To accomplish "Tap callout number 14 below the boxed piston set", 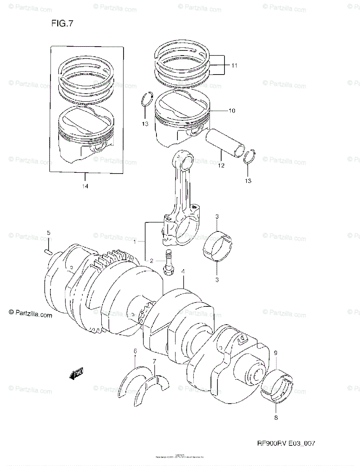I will click(x=85, y=186).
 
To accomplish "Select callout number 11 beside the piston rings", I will click(x=234, y=66).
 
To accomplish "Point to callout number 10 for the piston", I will click(x=231, y=111).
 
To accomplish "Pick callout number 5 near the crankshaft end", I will click(x=49, y=233).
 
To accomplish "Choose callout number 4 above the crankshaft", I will click(x=183, y=278).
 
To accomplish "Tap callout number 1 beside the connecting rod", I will click(x=135, y=242).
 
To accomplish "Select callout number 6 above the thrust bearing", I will click(x=135, y=351).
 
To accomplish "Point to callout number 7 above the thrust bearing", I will click(x=154, y=362).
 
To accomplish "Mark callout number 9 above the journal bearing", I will click(x=275, y=353).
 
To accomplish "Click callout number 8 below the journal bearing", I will click(x=275, y=419).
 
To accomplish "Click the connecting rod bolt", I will click(x=169, y=263).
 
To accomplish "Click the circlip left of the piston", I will click(x=146, y=99).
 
